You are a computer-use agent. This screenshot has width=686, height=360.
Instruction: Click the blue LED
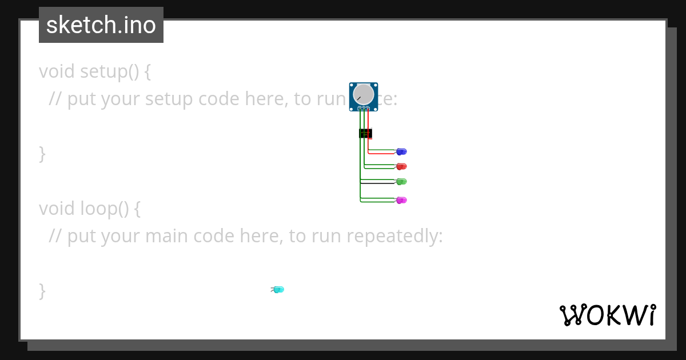tap(401, 151)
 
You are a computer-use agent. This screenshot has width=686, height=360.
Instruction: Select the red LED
tap(401, 166)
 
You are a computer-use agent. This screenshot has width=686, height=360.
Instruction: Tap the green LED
tap(401, 181)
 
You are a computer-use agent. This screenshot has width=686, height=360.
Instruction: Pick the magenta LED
tap(401, 200)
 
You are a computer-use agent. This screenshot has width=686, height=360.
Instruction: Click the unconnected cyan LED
tap(278, 290)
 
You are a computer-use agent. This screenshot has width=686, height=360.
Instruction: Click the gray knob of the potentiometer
tap(364, 94)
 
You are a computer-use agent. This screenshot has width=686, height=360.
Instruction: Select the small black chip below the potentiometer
tap(365, 133)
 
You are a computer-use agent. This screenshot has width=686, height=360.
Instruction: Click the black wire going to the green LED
tap(377, 183)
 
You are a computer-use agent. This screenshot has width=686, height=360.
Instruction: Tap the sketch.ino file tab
tap(101, 25)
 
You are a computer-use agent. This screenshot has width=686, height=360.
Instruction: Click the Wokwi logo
tap(608, 315)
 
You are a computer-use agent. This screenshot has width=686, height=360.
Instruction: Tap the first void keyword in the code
tap(57, 72)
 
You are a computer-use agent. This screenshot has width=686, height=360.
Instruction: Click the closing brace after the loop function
tap(42, 290)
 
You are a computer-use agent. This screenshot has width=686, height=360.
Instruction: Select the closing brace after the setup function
tap(42, 154)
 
